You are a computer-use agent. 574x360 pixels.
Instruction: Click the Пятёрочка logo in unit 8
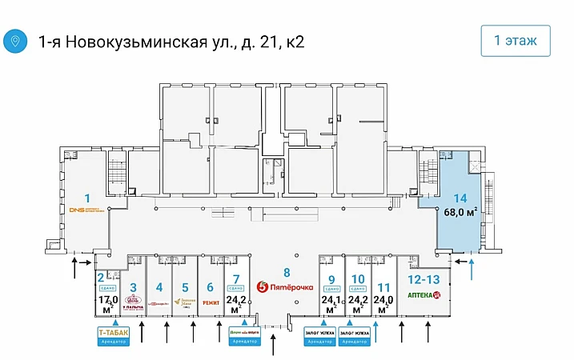tap(284, 287)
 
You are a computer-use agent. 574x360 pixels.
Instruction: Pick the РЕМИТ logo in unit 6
tap(211, 303)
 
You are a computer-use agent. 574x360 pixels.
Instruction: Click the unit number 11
tap(383, 287)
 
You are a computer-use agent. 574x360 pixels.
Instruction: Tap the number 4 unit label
tap(159, 287)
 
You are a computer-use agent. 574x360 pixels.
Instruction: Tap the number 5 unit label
tap(185, 287)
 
